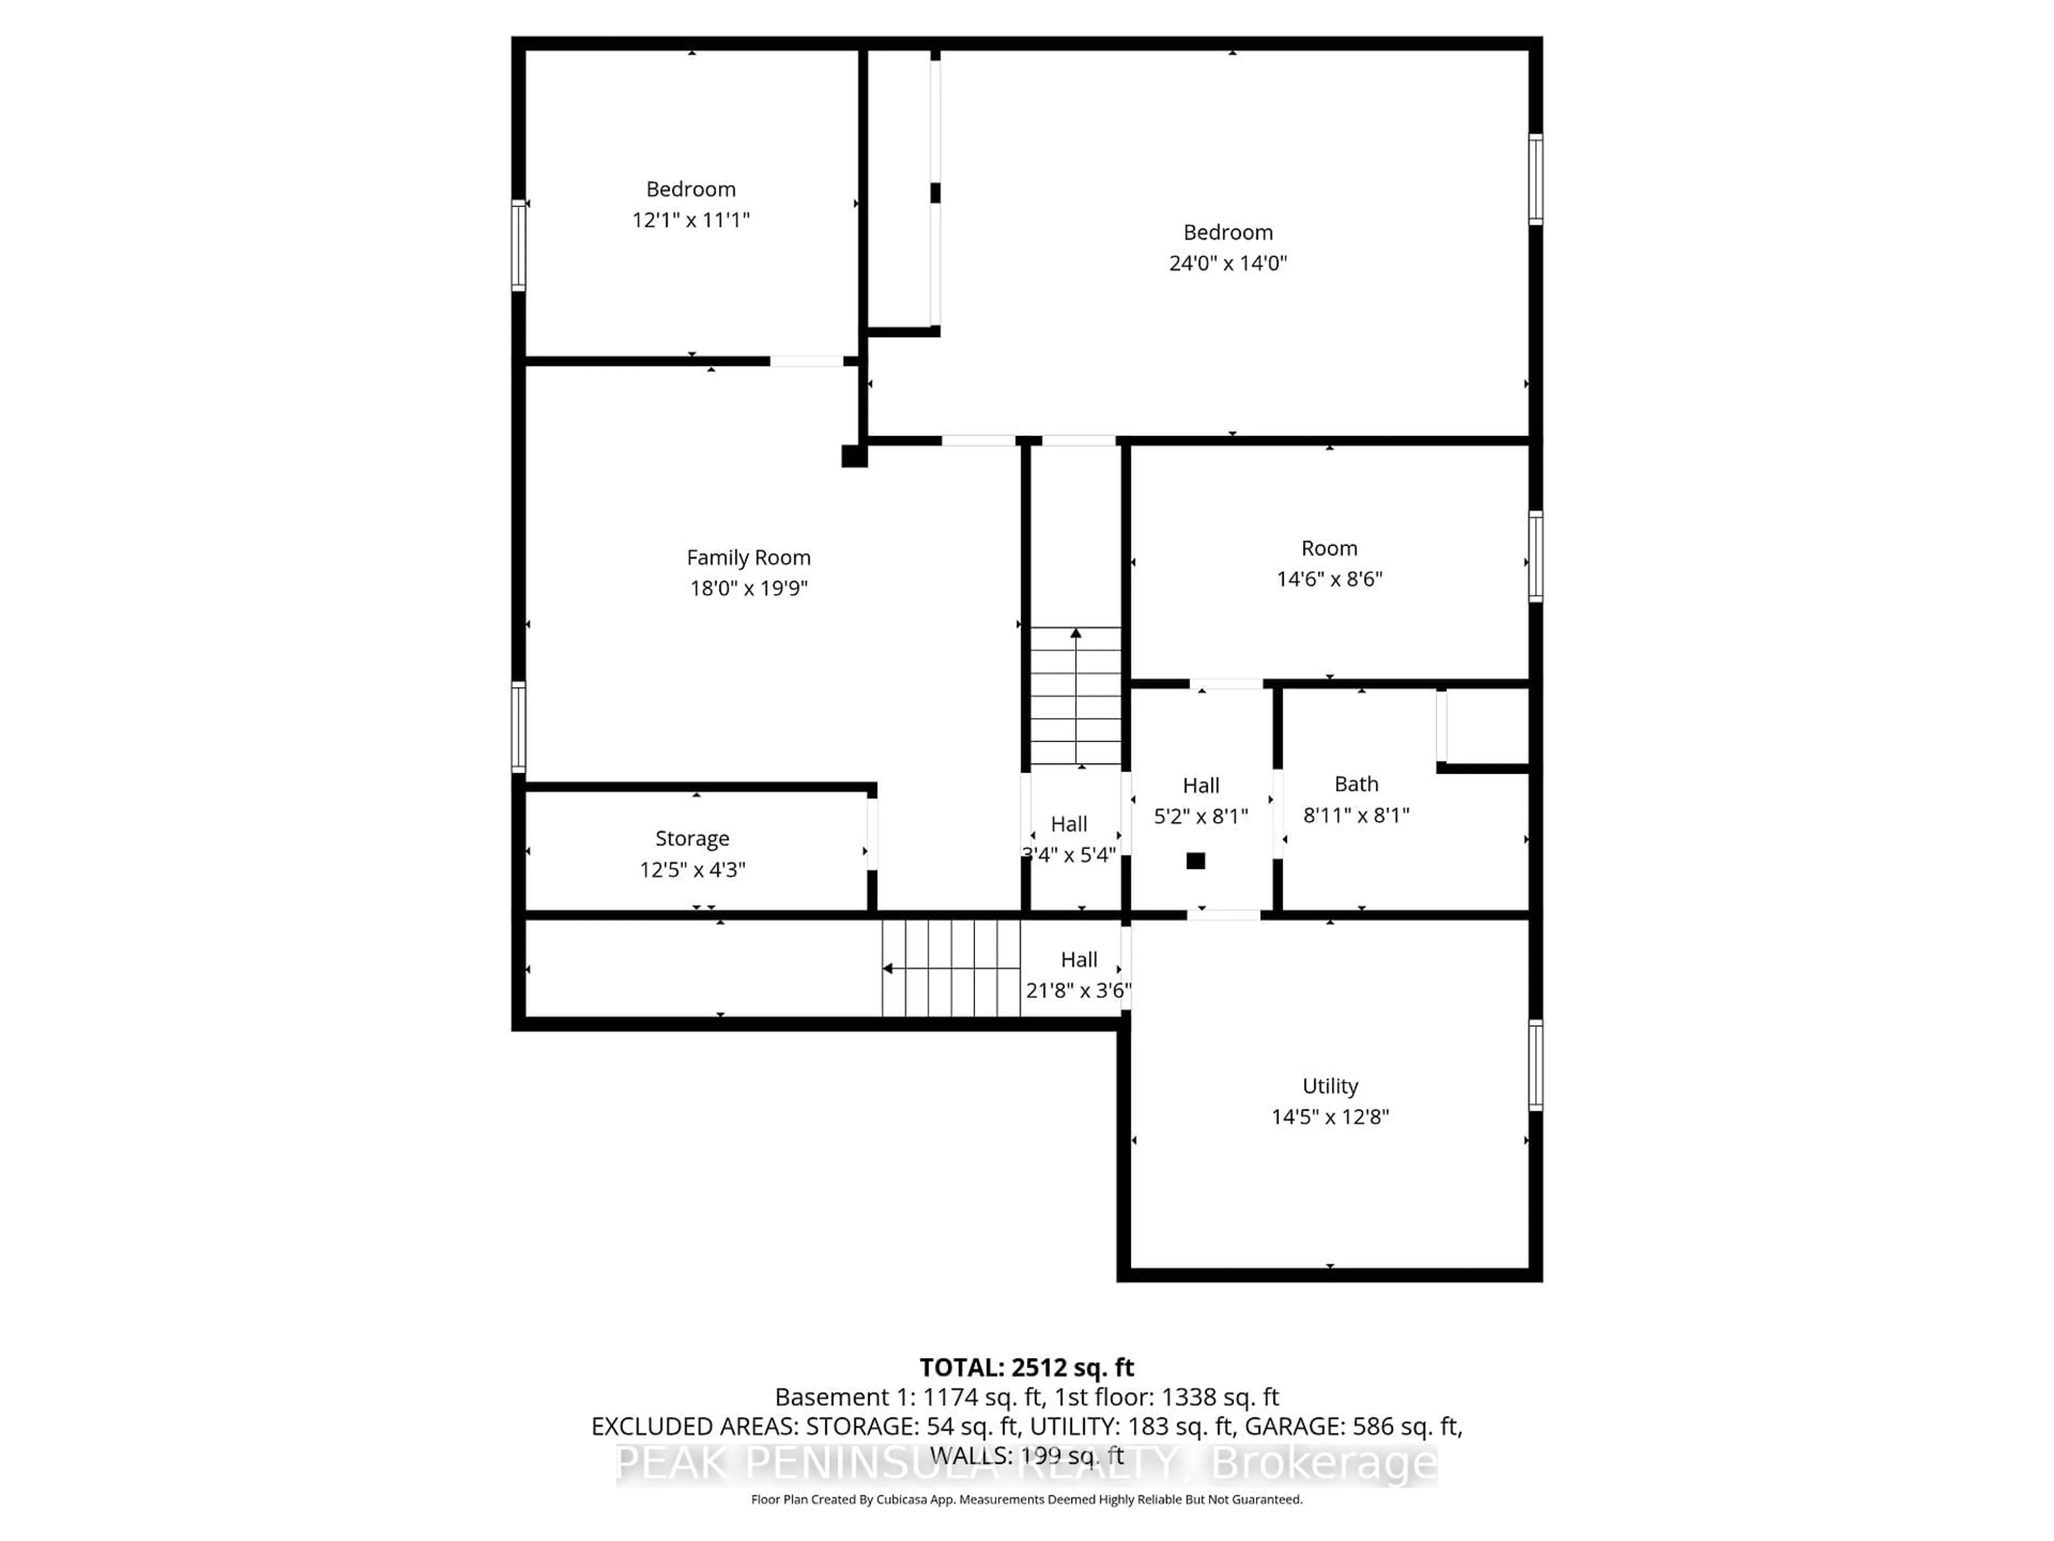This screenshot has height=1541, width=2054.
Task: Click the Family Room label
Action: [748, 558]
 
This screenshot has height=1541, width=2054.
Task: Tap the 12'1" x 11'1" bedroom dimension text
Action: [691, 220]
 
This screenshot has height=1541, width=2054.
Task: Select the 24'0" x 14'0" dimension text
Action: [1228, 263]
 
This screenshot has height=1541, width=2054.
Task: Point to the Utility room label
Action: [1330, 1086]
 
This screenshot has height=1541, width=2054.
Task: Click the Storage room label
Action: [692, 839]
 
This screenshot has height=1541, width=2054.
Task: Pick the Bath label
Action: [1356, 784]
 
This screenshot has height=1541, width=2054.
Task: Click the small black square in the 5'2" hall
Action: [1196, 860]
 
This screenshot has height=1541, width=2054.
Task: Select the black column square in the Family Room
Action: [853, 456]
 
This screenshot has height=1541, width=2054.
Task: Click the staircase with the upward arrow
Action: [1075, 695]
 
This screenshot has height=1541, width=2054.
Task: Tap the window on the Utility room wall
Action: [1535, 1065]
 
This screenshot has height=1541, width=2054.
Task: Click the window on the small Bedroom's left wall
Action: [518, 246]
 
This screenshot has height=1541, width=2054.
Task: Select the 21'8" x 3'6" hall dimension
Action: [1078, 990]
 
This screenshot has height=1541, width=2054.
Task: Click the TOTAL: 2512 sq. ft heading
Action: [1026, 1367]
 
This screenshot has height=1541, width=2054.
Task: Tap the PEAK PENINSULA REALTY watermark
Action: [1026, 1464]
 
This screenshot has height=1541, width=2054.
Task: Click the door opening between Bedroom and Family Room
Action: [806, 361]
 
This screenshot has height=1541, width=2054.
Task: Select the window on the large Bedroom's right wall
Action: [1535, 179]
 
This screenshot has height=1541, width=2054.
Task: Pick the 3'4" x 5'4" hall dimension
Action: [1069, 855]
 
